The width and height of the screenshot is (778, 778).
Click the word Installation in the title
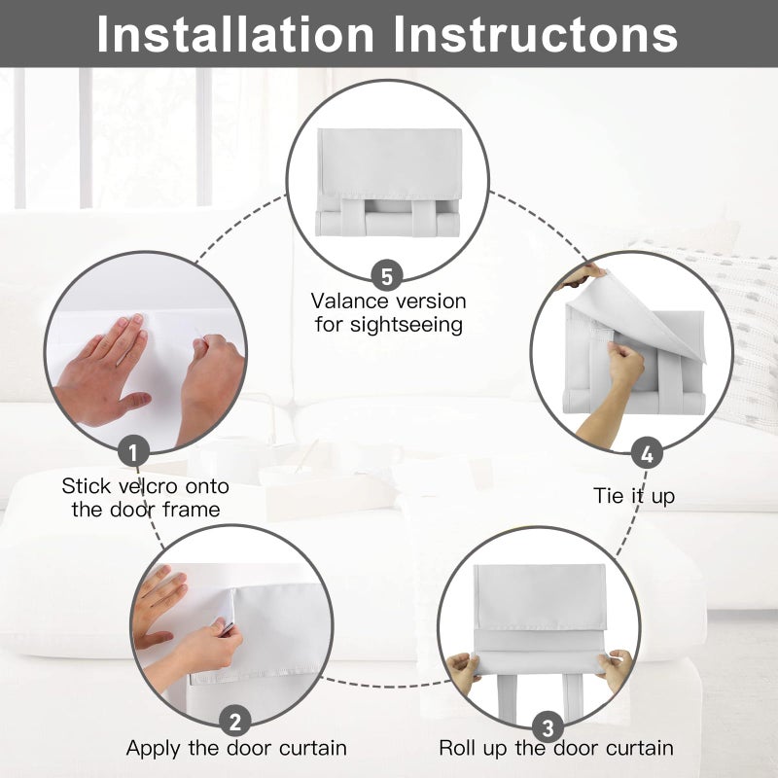point(235,34)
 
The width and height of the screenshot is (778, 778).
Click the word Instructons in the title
point(536,34)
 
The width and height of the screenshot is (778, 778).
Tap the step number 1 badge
point(133,452)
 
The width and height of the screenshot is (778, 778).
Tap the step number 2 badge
point(235,721)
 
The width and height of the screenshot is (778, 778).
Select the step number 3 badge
point(548,728)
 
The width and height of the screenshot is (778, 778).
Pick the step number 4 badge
point(647,454)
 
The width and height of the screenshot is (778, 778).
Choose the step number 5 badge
point(387,276)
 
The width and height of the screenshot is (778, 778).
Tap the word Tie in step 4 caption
point(609,496)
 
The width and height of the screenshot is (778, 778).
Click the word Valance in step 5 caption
point(349,301)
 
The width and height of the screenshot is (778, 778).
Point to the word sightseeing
point(407,326)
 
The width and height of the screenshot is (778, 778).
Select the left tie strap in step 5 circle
point(353,217)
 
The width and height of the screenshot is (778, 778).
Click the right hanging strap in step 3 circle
point(573,698)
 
